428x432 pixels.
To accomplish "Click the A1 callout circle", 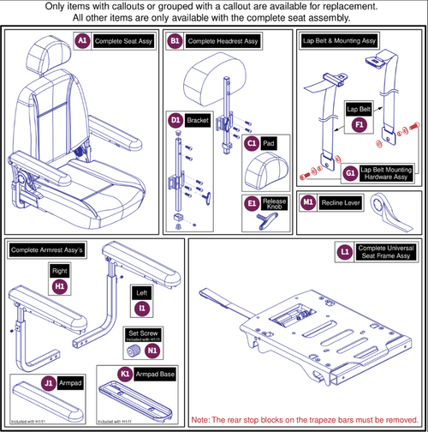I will point(83,40).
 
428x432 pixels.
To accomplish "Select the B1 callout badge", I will point(175,40).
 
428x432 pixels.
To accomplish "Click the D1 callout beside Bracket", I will point(175,121).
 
